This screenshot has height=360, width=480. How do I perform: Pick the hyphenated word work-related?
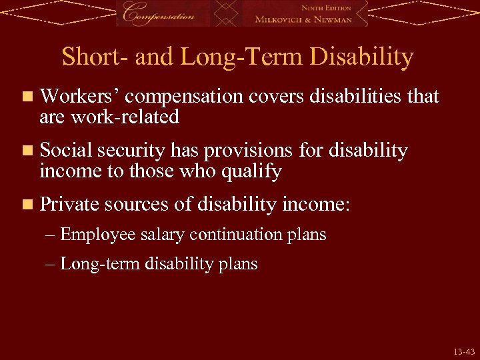click(x=122, y=117)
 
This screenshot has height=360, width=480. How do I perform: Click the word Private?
click(x=67, y=205)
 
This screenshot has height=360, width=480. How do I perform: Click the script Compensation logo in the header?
click(x=161, y=13)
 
